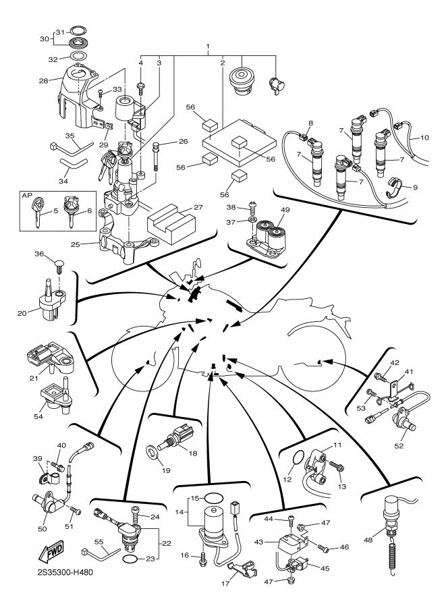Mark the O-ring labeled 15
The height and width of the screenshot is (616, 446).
(214, 498)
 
